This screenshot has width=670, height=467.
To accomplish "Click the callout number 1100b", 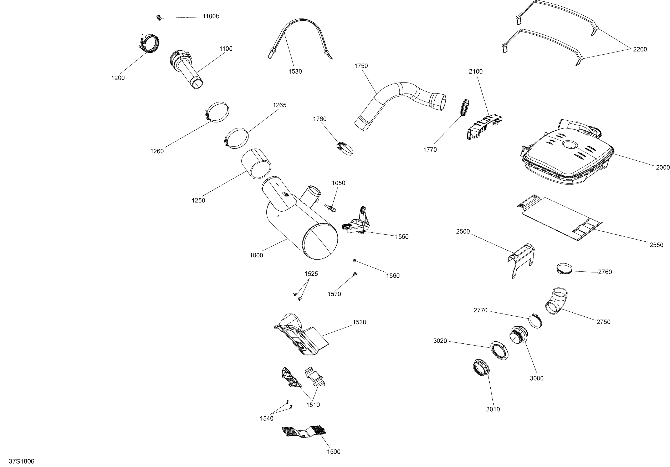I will (x=211, y=16).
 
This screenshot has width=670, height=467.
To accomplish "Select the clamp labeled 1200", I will (x=150, y=44).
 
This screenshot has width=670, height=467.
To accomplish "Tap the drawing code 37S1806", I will (x=22, y=461).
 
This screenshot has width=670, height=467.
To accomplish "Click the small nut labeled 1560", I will (x=354, y=260).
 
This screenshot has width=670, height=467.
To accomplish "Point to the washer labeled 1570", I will (x=355, y=274).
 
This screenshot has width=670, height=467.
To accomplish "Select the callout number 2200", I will (x=640, y=49).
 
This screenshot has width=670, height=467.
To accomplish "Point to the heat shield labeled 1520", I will (x=301, y=335).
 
